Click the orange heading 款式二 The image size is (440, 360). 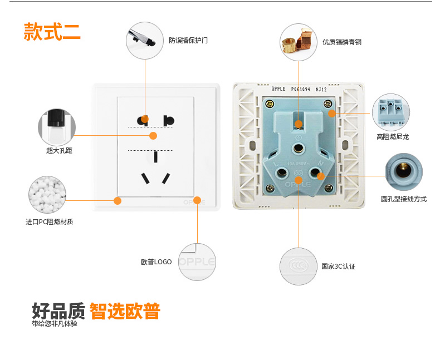(x=52, y=32)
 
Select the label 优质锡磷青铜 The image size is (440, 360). (x=342, y=42)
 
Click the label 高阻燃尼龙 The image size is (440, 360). (x=392, y=136)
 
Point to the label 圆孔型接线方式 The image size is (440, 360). (x=403, y=199)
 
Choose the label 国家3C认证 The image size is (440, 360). (x=338, y=267)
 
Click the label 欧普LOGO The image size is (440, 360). (x=156, y=262)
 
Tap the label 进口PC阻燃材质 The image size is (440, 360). (x=49, y=222)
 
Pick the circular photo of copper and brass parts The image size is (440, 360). (x=299, y=42)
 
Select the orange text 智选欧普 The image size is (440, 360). (x=125, y=311)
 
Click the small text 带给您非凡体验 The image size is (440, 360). (x=55, y=324)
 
